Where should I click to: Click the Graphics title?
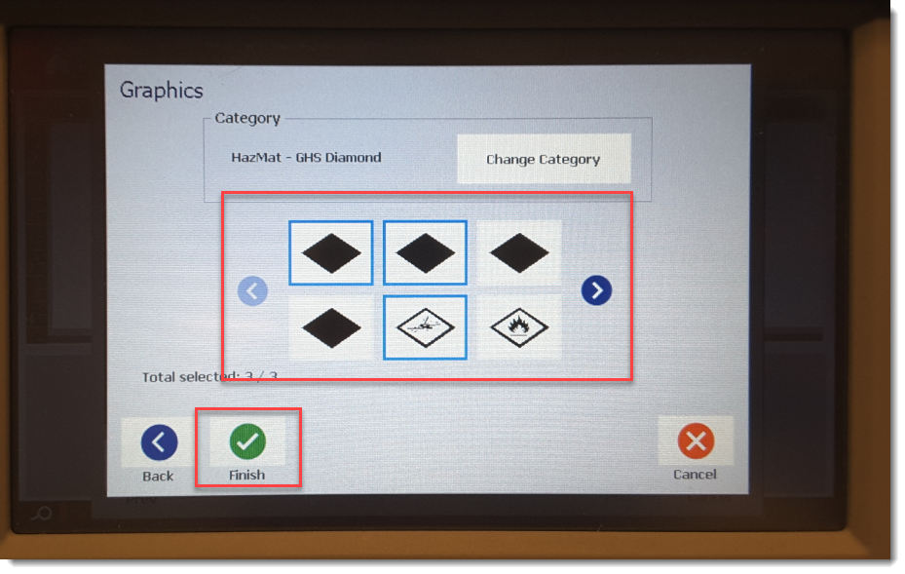(161, 91)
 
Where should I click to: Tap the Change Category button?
(544, 159)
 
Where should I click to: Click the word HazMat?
(256, 157)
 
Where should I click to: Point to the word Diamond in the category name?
(353, 157)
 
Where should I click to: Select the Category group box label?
(247, 118)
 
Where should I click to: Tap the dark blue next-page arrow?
(596, 289)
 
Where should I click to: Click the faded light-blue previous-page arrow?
(252, 290)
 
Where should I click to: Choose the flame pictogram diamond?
(519, 326)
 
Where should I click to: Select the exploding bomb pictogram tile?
(425, 327)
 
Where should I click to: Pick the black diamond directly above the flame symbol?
(519, 253)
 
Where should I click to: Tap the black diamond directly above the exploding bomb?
(425, 253)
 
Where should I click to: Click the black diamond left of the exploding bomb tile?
(331, 328)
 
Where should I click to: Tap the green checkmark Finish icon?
(247, 441)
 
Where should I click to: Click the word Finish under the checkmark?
(247, 475)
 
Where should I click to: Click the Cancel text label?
(695, 474)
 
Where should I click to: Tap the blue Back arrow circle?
(160, 442)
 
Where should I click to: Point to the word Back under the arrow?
(158, 476)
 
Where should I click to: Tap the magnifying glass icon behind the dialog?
(42, 513)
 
